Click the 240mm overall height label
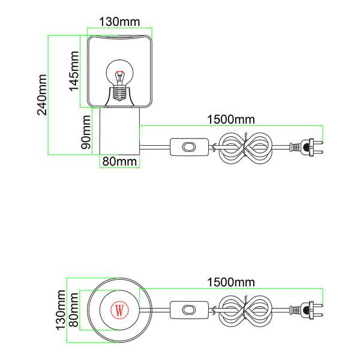point(42,95)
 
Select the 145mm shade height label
point(74,71)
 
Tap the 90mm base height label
point(86,132)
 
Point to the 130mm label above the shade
point(119,22)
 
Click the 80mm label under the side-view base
point(119,161)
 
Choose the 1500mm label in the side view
point(231,119)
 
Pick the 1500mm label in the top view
point(231,282)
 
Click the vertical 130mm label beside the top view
point(61,310)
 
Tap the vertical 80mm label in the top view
point(74,310)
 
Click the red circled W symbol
point(119,310)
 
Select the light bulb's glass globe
point(119,73)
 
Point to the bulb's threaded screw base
point(119,94)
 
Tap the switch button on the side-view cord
point(189,147)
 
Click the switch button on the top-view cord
point(189,310)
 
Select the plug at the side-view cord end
point(306,147)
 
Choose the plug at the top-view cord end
point(306,310)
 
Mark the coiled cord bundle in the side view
point(245,148)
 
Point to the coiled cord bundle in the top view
point(245,311)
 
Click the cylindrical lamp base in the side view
point(119,131)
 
